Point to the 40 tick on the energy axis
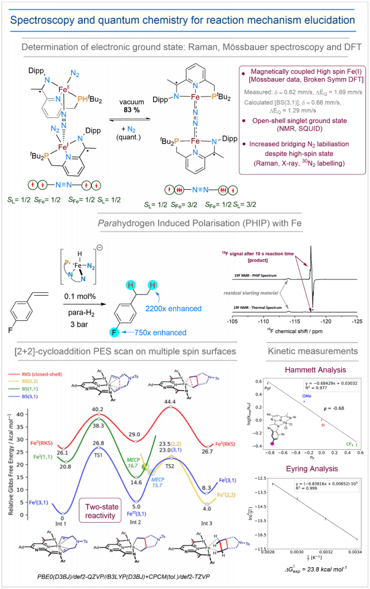(x=21, y=414)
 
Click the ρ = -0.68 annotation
(x=332, y=408)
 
